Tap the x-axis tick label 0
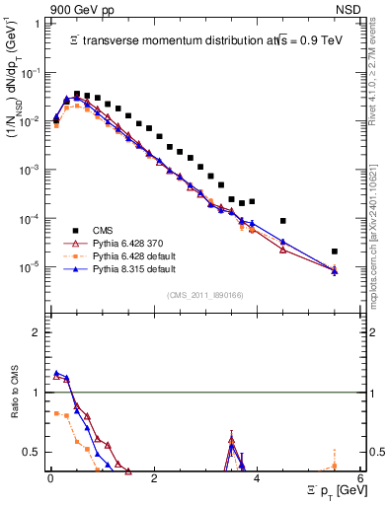coord(50,477)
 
